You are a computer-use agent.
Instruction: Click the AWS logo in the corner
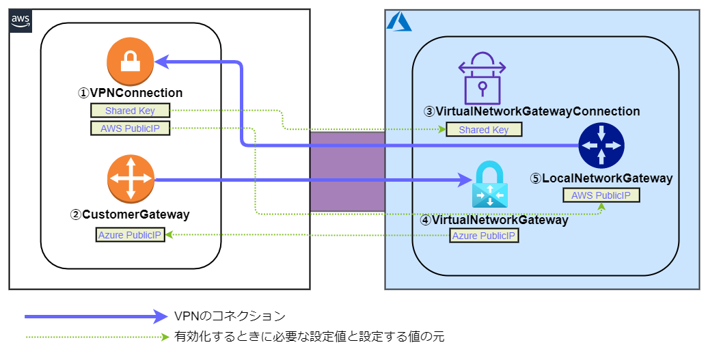(x=21, y=21)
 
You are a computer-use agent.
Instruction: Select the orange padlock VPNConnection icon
(x=130, y=62)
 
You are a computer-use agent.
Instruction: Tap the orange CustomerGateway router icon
(x=131, y=180)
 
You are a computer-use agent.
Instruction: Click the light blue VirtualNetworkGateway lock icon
(x=491, y=185)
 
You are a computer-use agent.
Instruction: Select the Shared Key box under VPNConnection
(x=130, y=111)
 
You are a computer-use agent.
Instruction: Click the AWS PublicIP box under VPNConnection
(x=130, y=128)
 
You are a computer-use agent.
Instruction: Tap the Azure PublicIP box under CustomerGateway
(x=130, y=235)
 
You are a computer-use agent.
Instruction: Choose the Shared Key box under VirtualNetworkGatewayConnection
(x=483, y=129)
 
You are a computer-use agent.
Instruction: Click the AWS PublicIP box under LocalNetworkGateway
(x=601, y=195)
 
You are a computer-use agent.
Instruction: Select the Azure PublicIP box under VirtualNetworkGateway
(x=484, y=236)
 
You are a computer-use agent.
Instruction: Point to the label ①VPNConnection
(x=130, y=93)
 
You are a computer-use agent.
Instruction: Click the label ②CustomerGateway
(x=130, y=214)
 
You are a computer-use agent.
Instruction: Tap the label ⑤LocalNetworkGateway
(x=601, y=178)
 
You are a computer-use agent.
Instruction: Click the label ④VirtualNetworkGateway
(x=493, y=220)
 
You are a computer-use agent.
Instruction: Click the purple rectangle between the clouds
(x=347, y=171)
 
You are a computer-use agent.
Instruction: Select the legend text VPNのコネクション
(x=230, y=316)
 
